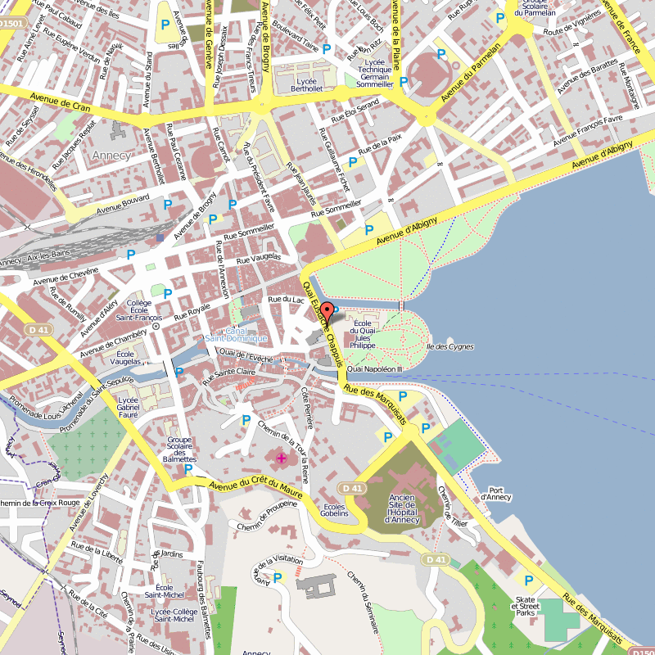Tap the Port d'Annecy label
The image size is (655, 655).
pos(495,494)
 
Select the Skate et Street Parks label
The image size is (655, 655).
pos(525,606)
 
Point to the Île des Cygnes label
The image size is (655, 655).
pos(449,346)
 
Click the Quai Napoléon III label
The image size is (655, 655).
pos(376,369)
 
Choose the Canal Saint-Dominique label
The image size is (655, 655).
pos(236,334)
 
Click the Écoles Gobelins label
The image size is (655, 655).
pos(335,511)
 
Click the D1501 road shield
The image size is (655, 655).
pos(11,25)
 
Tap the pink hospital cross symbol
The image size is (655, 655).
pos(282,458)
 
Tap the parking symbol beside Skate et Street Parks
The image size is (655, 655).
pos(528,580)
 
